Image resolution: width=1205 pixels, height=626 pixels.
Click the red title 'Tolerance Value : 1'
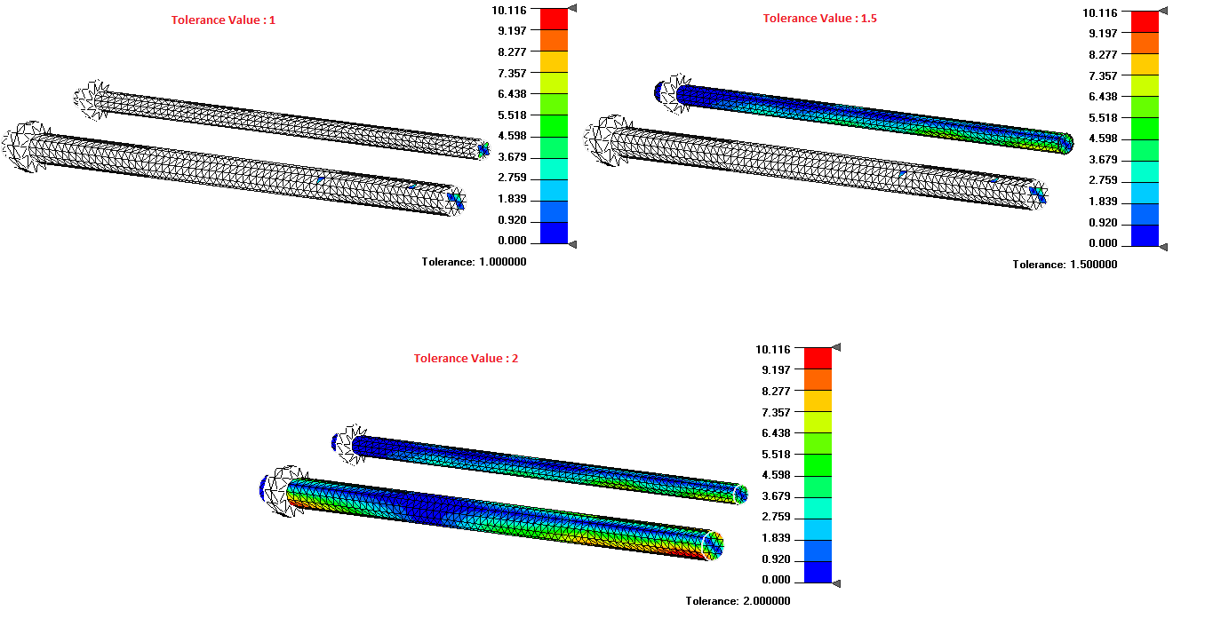tap(223, 20)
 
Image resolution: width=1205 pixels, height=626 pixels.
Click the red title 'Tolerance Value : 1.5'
tap(820, 19)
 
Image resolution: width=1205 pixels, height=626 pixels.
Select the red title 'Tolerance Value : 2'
tap(466, 359)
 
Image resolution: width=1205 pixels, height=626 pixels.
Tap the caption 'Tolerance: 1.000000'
tap(474, 262)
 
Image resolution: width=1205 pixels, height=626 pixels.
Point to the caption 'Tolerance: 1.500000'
tap(1065, 265)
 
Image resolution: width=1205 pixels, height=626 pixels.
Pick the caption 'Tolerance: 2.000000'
tap(738, 601)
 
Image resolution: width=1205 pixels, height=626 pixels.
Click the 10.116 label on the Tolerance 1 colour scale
tap(509, 10)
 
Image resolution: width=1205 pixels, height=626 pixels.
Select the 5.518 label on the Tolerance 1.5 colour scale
tap(1103, 118)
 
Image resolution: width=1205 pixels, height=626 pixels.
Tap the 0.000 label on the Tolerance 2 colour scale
tap(776, 580)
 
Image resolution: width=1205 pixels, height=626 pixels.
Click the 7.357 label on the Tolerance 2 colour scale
tap(776, 412)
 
